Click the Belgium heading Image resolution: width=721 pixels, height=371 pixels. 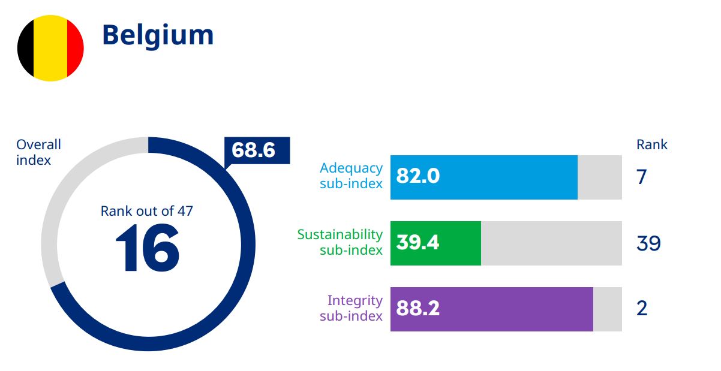point(158,35)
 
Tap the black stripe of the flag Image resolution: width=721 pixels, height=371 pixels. point(25,48)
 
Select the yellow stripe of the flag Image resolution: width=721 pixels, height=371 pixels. point(50,48)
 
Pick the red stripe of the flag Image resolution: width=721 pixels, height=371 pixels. point(75,48)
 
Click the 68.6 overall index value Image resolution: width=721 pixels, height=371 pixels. point(254,150)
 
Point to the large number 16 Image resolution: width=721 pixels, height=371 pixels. point(147,248)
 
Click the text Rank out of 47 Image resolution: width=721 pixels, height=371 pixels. point(147,211)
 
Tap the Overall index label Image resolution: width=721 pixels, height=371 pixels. point(38,152)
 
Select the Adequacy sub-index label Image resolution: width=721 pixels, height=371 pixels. point(351,176)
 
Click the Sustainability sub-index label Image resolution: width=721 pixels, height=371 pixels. point(340,242)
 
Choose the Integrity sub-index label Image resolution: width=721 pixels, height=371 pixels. point(351,308)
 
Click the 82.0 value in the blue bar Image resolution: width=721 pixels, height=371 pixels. point(418,177)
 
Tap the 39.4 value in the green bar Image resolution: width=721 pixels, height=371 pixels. point(418,243)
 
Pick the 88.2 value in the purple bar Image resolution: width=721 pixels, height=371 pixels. point(418,309)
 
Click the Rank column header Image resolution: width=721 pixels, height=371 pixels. point(651,144)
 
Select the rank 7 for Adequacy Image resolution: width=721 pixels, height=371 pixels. point(642,177)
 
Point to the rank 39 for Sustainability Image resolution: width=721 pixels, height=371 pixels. point(648,243)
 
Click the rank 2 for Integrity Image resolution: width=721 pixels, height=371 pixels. point(642,309)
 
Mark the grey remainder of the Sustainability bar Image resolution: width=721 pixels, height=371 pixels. point(551,243)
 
